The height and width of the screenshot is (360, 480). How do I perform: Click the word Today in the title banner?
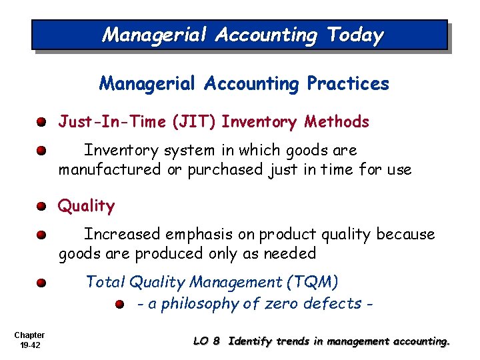355,35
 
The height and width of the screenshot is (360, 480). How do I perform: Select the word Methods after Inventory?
337,121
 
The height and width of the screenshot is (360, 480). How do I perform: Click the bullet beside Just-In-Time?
41,123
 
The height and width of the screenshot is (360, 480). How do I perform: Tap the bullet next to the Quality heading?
41,207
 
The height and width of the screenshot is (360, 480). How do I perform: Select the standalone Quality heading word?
86,206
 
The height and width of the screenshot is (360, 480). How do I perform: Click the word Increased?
122,234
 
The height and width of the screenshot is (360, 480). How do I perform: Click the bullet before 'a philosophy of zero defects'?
119,305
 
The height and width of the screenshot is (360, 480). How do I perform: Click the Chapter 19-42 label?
29,339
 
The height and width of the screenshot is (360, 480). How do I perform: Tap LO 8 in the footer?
206,341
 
